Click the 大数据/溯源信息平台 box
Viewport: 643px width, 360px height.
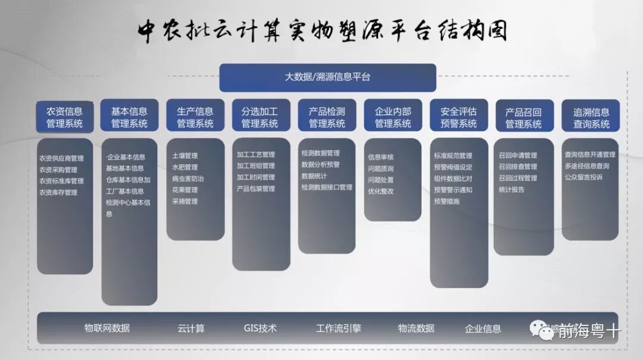(x=327, y=77)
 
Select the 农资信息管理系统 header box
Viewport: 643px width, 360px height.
(x=65, y=117)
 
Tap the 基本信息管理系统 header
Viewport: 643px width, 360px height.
(x=129, y=117)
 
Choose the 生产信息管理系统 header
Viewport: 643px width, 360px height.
(x=195, y=117)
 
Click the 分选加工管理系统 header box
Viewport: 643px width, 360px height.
(x=260, y=117)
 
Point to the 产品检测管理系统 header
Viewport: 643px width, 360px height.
(x=326, y=117)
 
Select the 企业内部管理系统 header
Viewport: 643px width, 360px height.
(x=392, y=117)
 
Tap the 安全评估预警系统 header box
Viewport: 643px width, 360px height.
(x=458, y=117)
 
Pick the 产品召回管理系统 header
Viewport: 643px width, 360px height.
(x=523, y=117)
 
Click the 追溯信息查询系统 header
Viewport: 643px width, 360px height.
(x=591, y=117)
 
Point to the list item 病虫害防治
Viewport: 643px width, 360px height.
(x=188, y=179)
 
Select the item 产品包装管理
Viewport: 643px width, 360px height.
(x=256, y=189)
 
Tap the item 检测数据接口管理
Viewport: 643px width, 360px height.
(x=327, y=187)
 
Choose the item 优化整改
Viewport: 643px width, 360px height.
(x=380, y=192)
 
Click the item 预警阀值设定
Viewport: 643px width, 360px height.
(x=453, y=167)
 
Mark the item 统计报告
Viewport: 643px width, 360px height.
(x=511, y=189)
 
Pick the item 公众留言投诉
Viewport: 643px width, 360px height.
(x=583, y=177)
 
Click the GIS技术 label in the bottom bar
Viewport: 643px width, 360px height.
(x=260, y=328)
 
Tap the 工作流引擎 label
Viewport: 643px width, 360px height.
(x=338, y=328)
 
